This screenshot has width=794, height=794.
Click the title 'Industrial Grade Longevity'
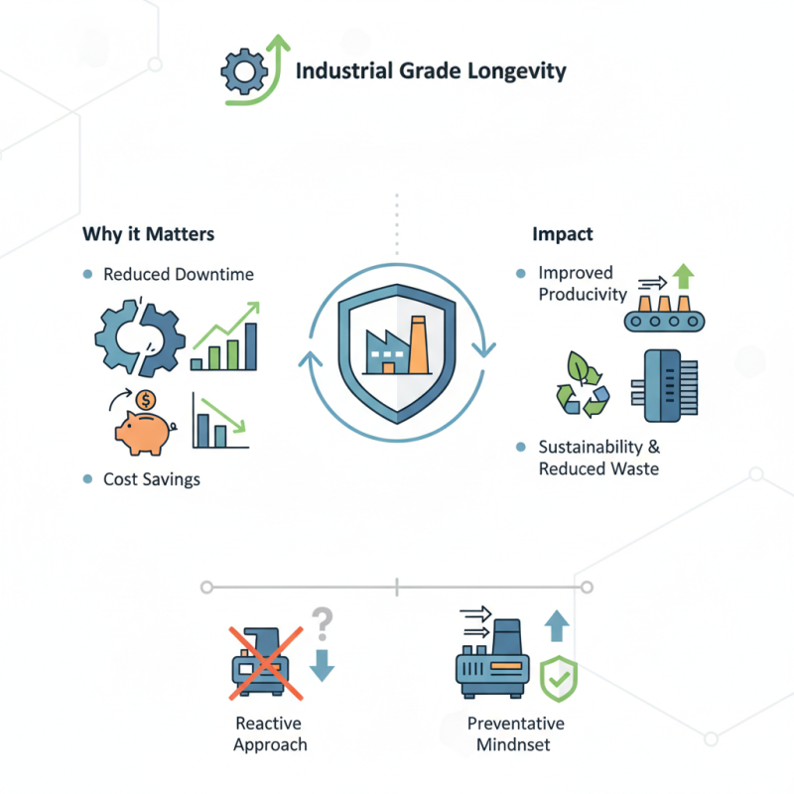[x=432, y=71]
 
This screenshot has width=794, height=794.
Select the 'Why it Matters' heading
[x=148, y=235]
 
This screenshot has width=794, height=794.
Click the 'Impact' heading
[x=562, y=235]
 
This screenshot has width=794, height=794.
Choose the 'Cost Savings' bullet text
[x=152, y=479]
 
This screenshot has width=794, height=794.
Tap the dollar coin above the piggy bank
[x=146, y=400]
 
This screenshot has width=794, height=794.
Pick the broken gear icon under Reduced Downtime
[x=135, y=337]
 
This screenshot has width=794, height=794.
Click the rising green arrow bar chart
[x=226, y=337]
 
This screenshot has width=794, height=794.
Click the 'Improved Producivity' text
[x=583, y=284]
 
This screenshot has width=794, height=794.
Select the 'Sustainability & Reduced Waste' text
[x=598, y=458]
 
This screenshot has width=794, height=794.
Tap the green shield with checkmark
[x=558, y=681]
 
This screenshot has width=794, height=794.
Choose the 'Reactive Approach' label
[x=270, y=734]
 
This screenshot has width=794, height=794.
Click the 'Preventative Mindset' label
[x=515, y=734]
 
